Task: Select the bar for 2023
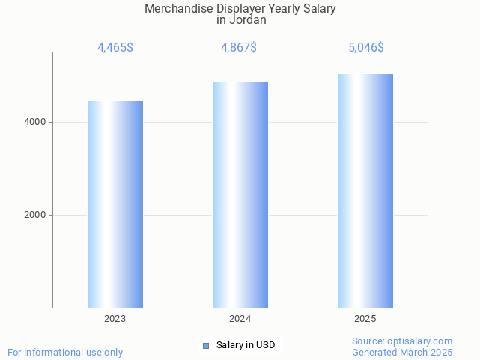pyautogui.click(x=115, y=204)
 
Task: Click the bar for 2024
pyautogui.click(x=240, y=195)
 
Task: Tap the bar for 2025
pyautogui.click(x=365, y=191)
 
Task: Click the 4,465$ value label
pyautogui.click(x=115, y=48)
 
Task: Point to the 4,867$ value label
pyautogui.click(x=239, y=48)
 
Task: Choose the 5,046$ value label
pyautogui.click(x=366, y=48)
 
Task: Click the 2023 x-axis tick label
pyautogui.click(x=115, y=319)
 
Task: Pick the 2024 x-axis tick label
pyautogui.click(x=240, y=319)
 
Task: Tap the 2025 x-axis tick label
pyautogui.click(x=365, y=319)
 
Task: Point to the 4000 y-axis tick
pyautogui.click(x=34, y=122)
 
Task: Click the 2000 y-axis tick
pyautogui.click(x=34, y=215)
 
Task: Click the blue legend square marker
pyautogui.click(x=206, y=345)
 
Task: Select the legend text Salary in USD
pyautogui.click(x=246, y=345)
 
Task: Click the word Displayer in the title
pyautogui.click(x=240, y=9)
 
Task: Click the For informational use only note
pyautogui.click(x=65, y=352)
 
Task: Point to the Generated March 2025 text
pyautogui.click(x=402, y=352)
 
